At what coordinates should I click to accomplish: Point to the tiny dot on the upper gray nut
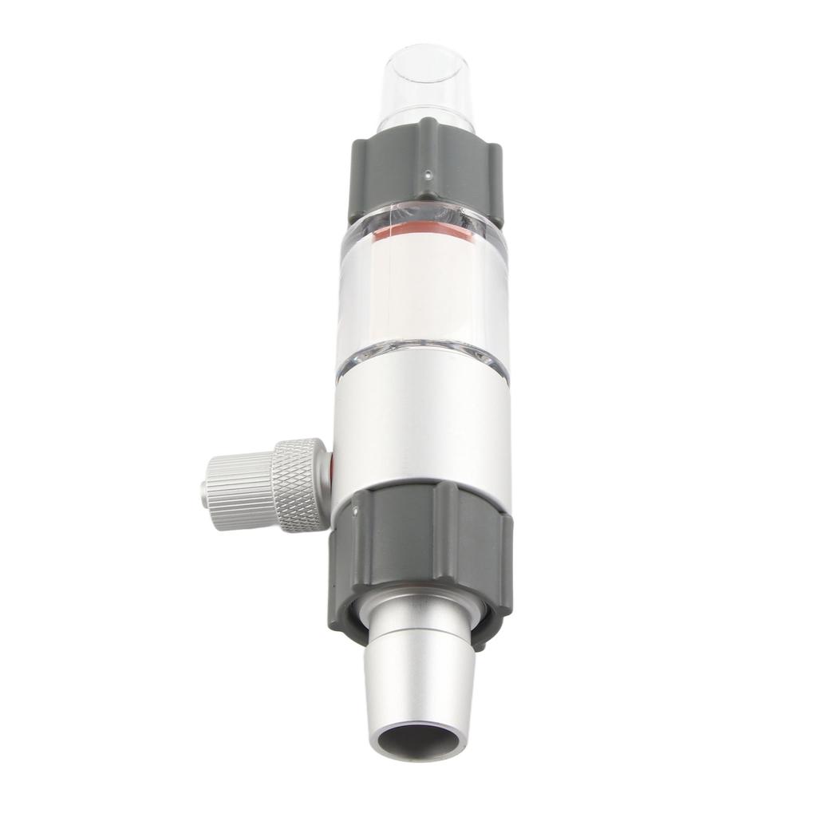[x=428, y=171]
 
